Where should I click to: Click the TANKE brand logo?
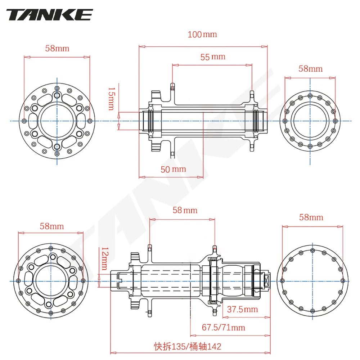point(50,15)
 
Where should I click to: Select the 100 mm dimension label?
point(202,35)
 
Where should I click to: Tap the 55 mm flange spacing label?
point(213,57)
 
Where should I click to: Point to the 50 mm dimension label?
point(173,169)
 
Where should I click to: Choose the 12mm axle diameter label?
point(104,258)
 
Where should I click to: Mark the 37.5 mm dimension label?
point(242,309)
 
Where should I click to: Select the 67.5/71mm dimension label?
point(223,327)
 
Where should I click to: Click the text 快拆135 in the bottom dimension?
point(169,346)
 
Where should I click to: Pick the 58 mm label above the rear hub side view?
point(185,210)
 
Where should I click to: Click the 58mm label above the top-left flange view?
point(57,48)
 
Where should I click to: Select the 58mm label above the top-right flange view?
point(310,68)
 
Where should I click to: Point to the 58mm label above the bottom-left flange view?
point(51,226)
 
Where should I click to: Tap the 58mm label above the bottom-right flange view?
point(311,217)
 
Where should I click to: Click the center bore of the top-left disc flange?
point(57,121)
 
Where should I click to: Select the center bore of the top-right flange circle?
point(310,121)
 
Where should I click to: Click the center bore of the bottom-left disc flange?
point(51,281)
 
